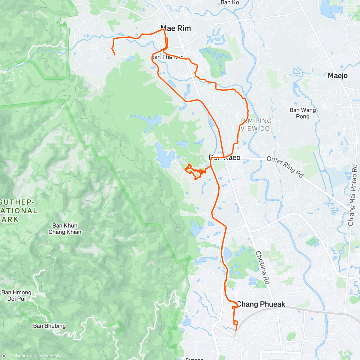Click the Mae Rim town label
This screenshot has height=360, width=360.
click(176, 28)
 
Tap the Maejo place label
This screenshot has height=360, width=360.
click(337, 76)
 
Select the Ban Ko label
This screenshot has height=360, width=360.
click(230, 3)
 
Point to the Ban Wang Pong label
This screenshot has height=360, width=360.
click(303, 113)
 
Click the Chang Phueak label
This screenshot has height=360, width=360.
click(261, 304)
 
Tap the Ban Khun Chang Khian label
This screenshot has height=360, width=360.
click(65, 229)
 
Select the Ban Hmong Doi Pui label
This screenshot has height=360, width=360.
click(16, 295)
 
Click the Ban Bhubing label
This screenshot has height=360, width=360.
click(49, 326)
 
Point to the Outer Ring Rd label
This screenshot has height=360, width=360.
click(285, 167)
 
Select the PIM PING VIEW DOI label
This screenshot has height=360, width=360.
click(256, 124)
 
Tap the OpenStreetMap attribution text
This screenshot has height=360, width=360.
click(48, 356)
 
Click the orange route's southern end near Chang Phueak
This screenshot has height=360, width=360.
click(236, 331)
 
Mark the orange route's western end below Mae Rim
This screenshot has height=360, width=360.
click(115, 55)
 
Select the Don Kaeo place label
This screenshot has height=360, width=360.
click(224, 157)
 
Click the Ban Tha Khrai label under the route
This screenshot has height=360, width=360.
click(167, 57)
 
